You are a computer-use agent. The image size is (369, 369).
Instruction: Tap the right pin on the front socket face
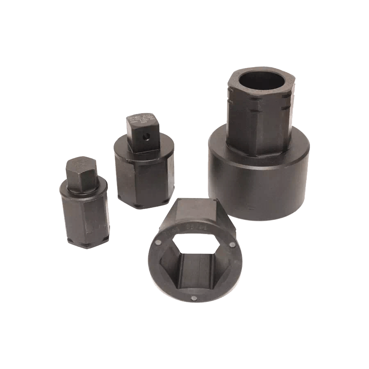coord(233,245)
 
